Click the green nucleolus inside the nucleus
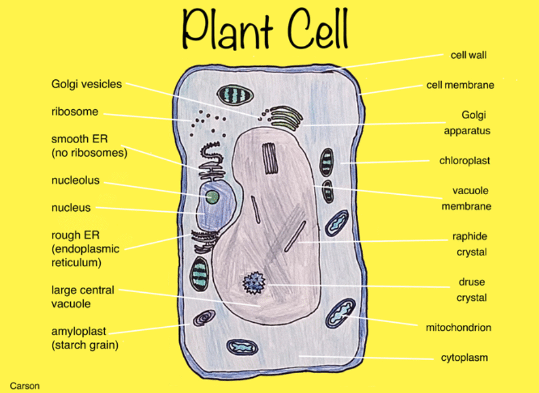click(x=213, y=197)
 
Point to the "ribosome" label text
click(x=75, y=112)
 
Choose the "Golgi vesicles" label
click(x=87, y=84)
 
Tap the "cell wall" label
click(x=468, y=55)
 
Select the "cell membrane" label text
click(x=460, y=86)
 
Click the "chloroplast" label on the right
click(x=464, y=161)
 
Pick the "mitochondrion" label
click(x=458, y=327)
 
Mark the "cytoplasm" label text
click(x=464, y=357)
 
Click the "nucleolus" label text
click(x=75, y=181)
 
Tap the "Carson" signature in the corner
click(x=25, y=386)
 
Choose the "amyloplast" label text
click(x=79, y=331)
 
